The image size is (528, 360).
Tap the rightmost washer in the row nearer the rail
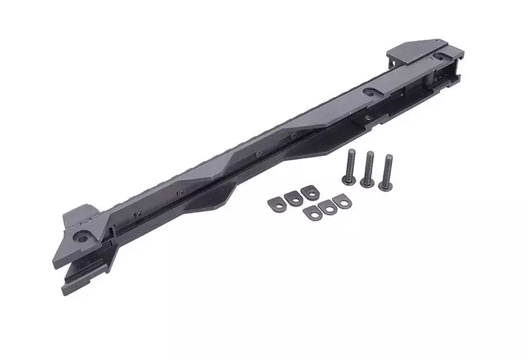308,192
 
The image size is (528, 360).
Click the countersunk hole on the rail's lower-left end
84,235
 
